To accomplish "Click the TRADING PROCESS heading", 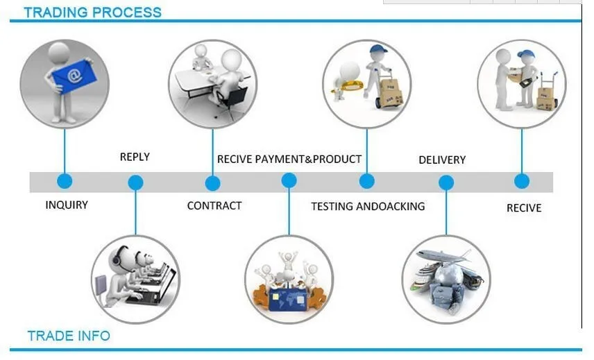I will [92, 12].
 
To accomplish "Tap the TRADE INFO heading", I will [69, 336].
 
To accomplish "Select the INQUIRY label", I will [67, 205].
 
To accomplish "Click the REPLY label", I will [135, 157].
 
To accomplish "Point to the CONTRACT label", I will [214, 205].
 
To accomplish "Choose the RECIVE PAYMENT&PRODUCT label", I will [289, 159].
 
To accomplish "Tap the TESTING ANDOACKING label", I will [368, 206].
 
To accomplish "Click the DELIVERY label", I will [442, 160].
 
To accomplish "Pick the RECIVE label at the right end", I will [524, 207].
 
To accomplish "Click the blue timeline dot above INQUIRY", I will [65, 182].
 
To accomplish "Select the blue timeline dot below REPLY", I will [136, 183].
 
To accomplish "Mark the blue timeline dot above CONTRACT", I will [213, 183].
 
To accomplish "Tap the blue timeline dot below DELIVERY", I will [446, 183].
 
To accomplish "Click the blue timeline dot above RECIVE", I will [522, 182].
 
